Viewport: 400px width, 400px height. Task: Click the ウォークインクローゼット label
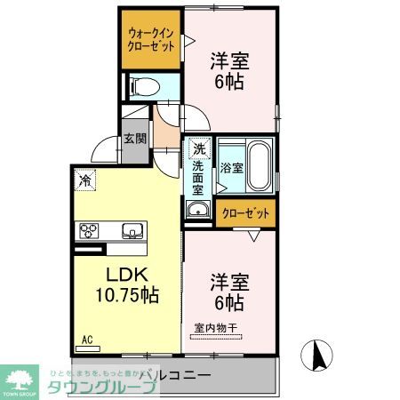(151, 40)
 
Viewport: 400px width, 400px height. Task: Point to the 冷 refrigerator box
(84, 178)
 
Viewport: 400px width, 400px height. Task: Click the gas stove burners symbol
(91, 231)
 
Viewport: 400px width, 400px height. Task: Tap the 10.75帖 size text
(126, 293)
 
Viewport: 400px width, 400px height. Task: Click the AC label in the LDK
(87, 339)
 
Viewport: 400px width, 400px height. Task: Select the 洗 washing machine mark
(198, 149)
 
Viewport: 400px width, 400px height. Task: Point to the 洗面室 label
(198, 178)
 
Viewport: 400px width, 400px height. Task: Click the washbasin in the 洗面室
(197, 210)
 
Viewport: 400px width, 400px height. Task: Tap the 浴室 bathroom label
(232, 168)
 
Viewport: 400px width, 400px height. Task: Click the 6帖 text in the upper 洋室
(228, 81)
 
